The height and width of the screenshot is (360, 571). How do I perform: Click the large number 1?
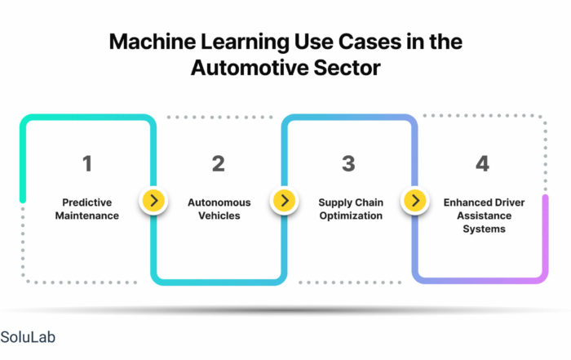click(x=87, y=163)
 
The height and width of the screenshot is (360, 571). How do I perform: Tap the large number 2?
click(x=219, y=163)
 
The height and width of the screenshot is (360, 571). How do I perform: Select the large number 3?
click(x=348, y=163)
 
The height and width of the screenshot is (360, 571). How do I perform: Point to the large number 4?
click(x=483, y=163)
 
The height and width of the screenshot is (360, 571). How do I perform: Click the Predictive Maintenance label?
click(x=87, y=209)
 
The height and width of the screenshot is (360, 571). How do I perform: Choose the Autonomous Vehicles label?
click(x=219, y=209)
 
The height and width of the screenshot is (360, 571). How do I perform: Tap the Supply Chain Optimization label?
click(x=351, y=209)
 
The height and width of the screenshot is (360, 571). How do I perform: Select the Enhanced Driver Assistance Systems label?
click(x=485, y=216)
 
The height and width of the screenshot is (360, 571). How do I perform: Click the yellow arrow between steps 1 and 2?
click(x=153, y=200)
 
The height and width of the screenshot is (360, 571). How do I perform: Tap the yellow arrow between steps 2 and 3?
click(x=285, y=200)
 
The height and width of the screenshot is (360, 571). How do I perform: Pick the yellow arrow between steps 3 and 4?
click(x=415, y=200)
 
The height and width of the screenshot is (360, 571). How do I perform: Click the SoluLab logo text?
click(x=28, y=337)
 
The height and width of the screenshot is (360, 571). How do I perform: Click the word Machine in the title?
click(x=153, y=42)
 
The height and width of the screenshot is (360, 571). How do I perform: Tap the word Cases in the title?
click(x=370, y=42)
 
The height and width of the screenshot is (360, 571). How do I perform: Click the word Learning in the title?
click(x=245, y=42)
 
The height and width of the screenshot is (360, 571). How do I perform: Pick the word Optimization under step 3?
click(x=351, y=216)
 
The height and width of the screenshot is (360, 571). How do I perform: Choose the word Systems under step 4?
click(x=485, y=229)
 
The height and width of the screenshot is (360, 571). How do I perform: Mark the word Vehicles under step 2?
click(x=219, y=216)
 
